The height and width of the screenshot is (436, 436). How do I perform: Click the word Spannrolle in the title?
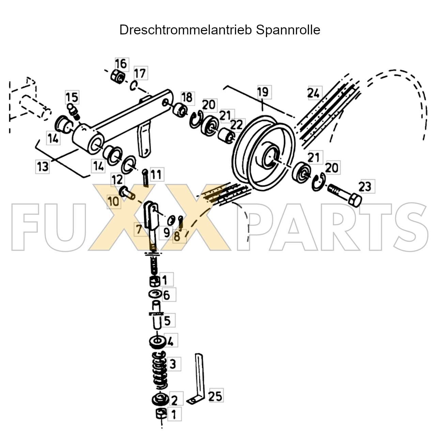coord(288,30)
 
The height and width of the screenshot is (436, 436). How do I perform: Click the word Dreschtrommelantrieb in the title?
coord(186,30)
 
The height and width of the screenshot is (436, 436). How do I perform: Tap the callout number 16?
coord(121,63)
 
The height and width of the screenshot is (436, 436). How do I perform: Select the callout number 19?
coord(263,92)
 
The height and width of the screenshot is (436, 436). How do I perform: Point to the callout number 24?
coord(314,93)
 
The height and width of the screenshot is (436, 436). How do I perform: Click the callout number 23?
coord(365,187)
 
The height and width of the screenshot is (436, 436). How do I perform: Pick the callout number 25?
coord(215,396)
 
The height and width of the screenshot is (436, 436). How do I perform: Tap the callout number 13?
coord(43,167)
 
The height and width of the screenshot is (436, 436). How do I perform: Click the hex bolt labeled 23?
coord(344,194)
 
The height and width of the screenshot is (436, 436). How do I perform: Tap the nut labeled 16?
coord(118,77)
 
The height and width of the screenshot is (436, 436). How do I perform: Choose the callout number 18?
coord(187,97)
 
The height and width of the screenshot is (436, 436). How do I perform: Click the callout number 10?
coord(114,201)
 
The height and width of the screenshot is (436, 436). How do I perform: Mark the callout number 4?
coord(171,341)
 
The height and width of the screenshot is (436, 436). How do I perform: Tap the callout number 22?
coord(237,125)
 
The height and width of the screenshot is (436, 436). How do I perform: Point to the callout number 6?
coord(166,295)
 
